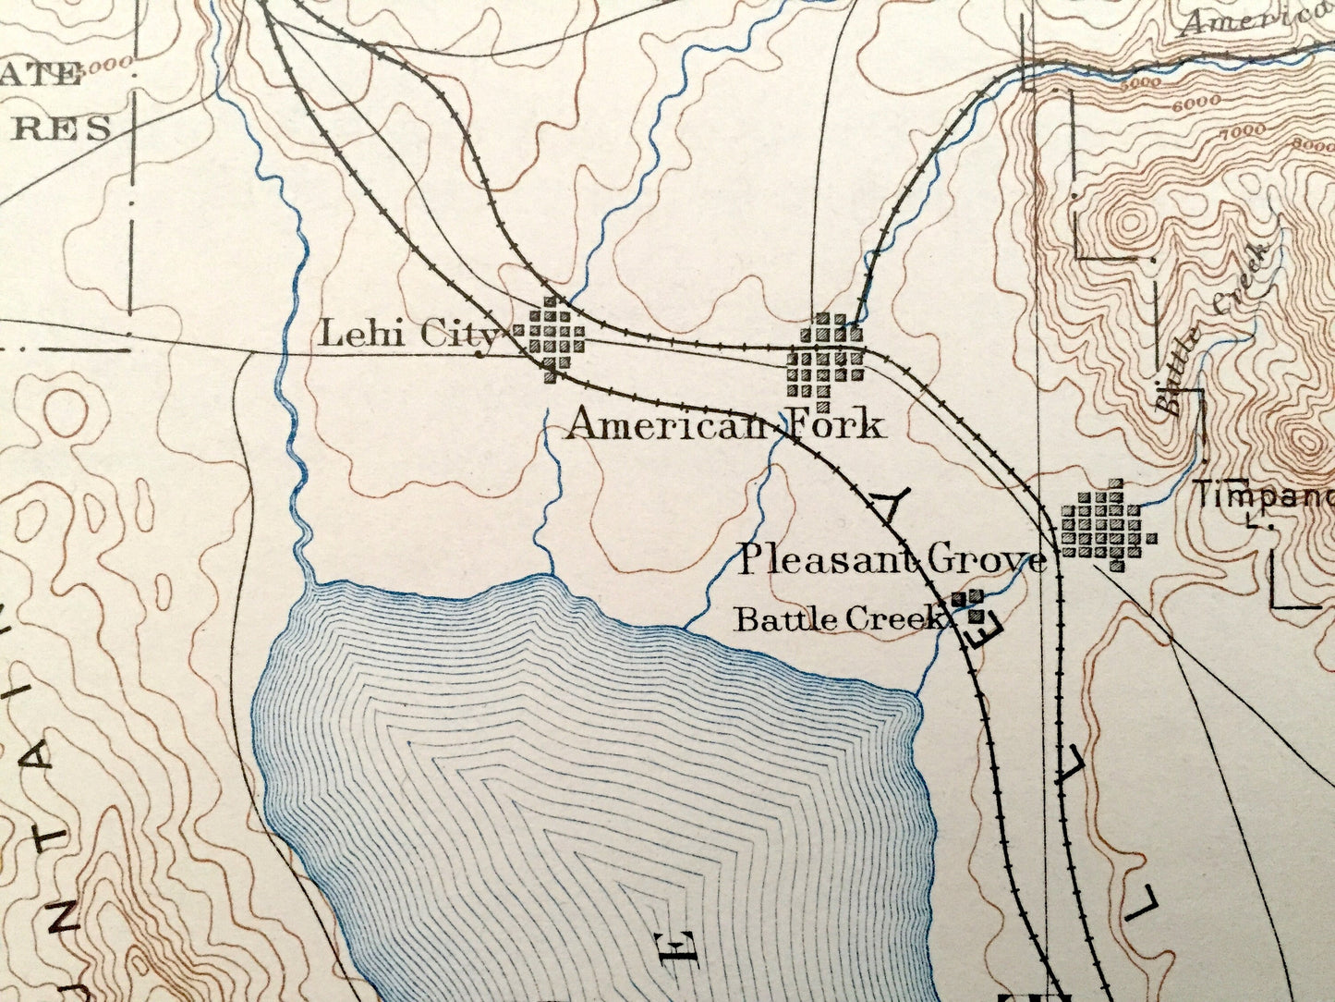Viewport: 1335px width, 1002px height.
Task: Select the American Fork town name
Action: pyautogui.click(x=724, y=424)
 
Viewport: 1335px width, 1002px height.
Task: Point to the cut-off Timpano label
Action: pyautogui.click(x=1264, y=496)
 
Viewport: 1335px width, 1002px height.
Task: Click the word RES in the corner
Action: pyautogui.click(x=65, y=128)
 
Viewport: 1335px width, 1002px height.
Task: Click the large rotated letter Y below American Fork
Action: pyautogui.click(x=891, y=507)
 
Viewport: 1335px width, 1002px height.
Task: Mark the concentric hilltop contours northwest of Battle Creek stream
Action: pyautogui.click(x=1128, y=223)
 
